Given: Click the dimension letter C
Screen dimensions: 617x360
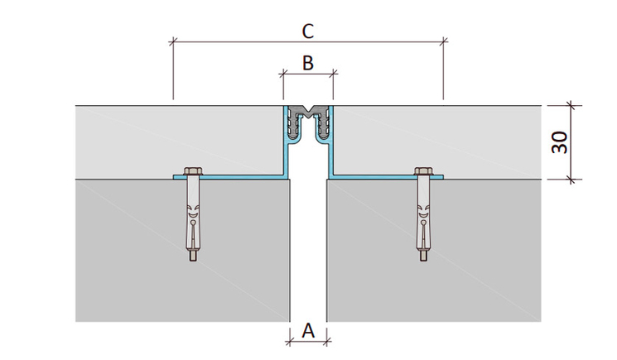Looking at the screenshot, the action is point(308,31).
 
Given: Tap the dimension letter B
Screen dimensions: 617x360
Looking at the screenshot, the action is point(308,63).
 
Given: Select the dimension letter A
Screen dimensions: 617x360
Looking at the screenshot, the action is point(308,330).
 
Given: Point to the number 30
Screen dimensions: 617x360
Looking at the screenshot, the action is point(560,142).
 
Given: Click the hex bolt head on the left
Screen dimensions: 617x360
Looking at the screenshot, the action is point(193,171).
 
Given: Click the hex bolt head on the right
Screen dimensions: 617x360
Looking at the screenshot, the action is point(423,171).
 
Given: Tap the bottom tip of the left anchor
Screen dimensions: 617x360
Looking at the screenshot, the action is point(193,261).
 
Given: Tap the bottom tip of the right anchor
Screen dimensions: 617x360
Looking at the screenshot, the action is point(423,261).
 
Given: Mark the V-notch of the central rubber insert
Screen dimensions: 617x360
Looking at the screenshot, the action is point(308,109).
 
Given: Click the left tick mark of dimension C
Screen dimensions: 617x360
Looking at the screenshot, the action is point(173,41).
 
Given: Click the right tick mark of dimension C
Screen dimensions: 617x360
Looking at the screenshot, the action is point(443,41).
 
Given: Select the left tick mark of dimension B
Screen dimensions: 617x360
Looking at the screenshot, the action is point(283,73).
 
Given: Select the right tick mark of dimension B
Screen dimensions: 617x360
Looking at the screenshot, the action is point(333,73).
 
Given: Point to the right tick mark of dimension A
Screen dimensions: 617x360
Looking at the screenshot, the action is point(326,342).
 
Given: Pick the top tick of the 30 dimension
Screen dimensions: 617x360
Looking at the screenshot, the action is point(571,105).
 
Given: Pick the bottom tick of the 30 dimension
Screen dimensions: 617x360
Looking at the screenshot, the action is point(571,180).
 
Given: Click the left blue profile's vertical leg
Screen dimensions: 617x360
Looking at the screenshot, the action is point(285,142).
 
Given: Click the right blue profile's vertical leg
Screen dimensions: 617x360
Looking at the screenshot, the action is point(331,142).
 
